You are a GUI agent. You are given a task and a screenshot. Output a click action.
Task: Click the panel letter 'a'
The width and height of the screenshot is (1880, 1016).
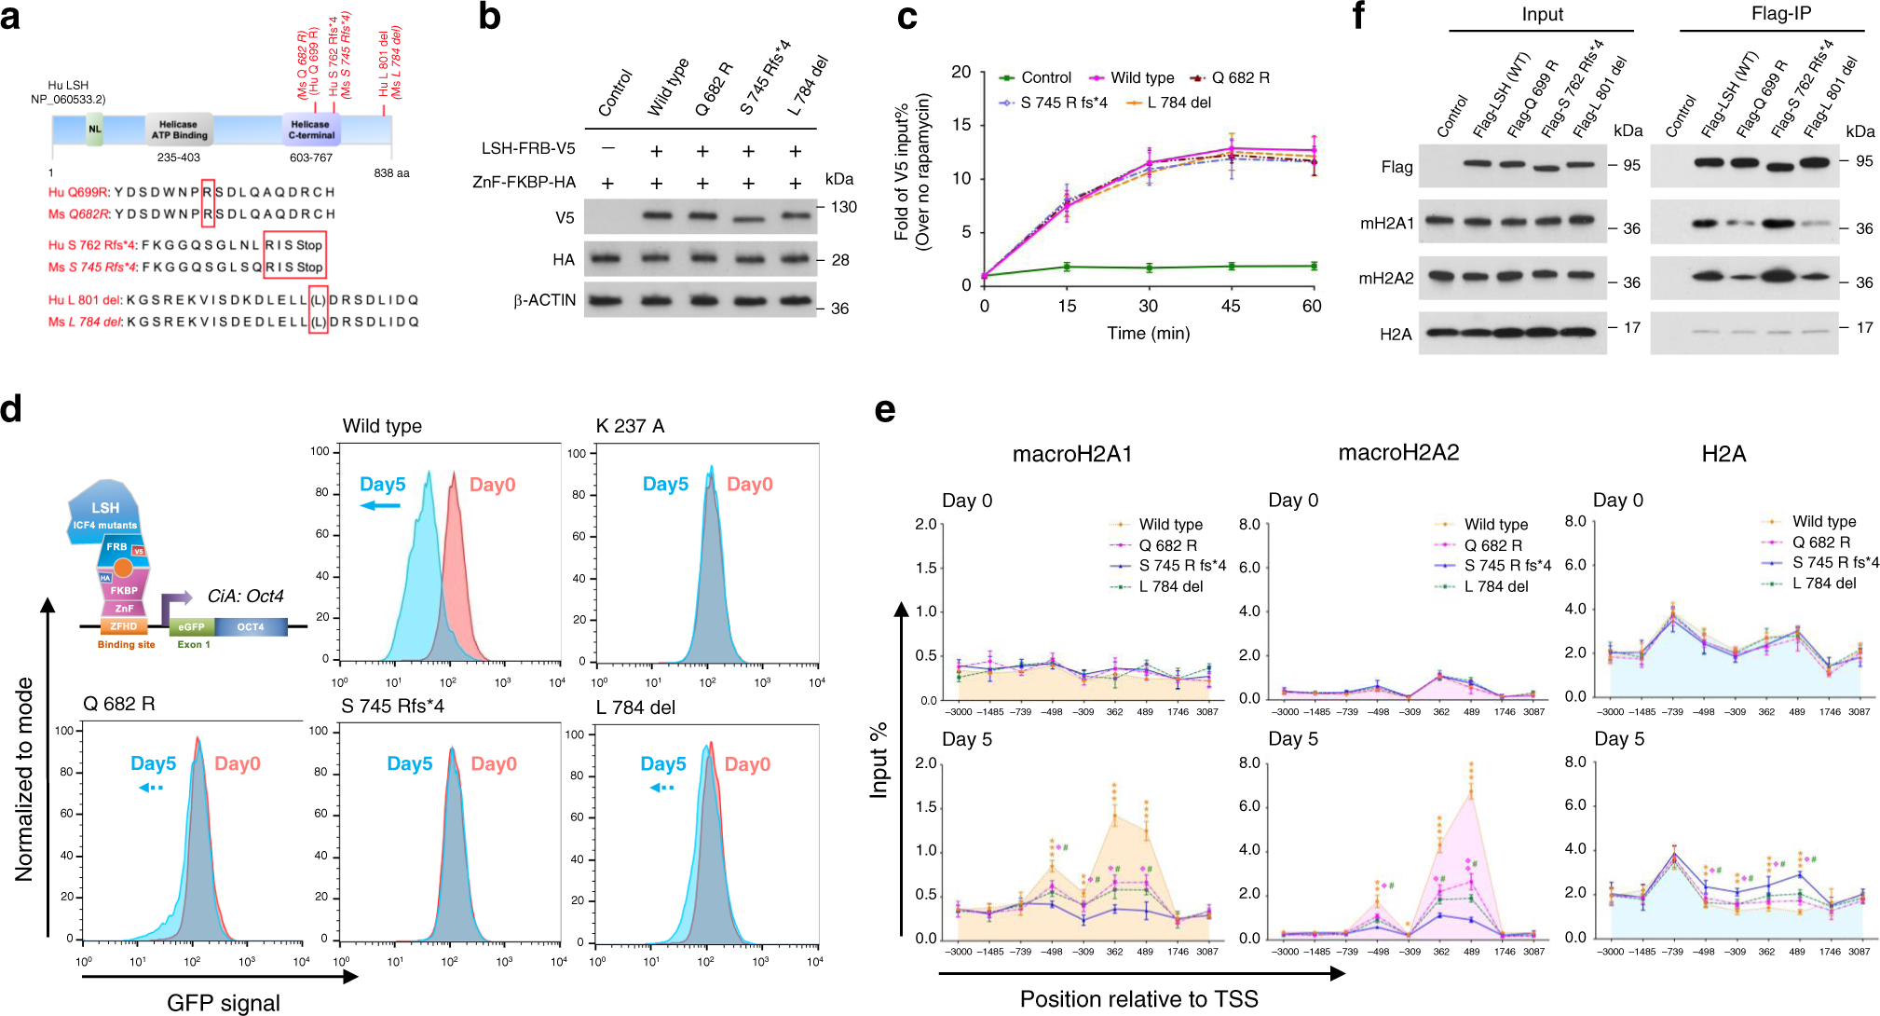(x=10, y=17)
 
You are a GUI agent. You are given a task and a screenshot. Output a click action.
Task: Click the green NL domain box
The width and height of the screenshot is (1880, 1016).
(x=94, y=130)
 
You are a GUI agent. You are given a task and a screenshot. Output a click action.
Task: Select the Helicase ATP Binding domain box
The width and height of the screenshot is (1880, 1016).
(x=178, y=130)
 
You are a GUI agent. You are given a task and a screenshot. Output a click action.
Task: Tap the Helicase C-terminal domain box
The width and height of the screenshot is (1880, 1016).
(x=310, y=130)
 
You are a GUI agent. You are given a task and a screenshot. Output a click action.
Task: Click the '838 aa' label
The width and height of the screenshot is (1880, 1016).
(x=391, y=172)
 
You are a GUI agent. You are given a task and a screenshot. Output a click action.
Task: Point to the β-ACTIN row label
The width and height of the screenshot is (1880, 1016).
(x=545, y=300)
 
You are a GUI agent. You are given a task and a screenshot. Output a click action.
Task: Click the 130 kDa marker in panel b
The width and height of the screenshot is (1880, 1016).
(x=844, y=207)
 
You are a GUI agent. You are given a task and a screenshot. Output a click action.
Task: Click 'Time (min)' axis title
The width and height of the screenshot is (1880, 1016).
(x=1148, y=333)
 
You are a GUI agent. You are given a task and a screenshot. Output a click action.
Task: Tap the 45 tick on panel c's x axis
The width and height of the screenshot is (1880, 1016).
(x=1231, y=306)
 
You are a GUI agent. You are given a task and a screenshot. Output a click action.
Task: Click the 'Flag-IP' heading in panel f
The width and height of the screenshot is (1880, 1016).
(x=1780, y=14)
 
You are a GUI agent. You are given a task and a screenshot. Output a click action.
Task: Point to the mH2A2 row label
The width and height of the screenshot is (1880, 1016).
(x=1386, y=278)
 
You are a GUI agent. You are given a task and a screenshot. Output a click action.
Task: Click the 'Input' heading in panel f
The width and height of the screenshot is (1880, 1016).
(x=1543, y=14)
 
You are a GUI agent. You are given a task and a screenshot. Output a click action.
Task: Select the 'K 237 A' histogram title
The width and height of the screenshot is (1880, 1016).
(x=630, y=426)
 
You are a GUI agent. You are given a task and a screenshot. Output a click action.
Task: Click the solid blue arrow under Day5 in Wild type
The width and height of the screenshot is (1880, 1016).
(x=380, y=506)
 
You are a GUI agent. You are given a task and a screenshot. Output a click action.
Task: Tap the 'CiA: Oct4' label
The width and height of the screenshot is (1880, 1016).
(x=245, y=596)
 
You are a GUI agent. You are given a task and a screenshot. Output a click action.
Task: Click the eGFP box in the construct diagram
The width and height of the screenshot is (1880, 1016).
(x=191, y=627)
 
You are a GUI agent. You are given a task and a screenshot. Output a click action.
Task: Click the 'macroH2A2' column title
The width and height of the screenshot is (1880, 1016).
(x=1398, y=452)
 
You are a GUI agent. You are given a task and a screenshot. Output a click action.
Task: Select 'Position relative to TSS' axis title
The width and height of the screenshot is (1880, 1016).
(x=1138, y=998)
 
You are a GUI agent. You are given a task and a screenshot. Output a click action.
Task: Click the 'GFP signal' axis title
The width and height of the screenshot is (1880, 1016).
(x=223, y=1002)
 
